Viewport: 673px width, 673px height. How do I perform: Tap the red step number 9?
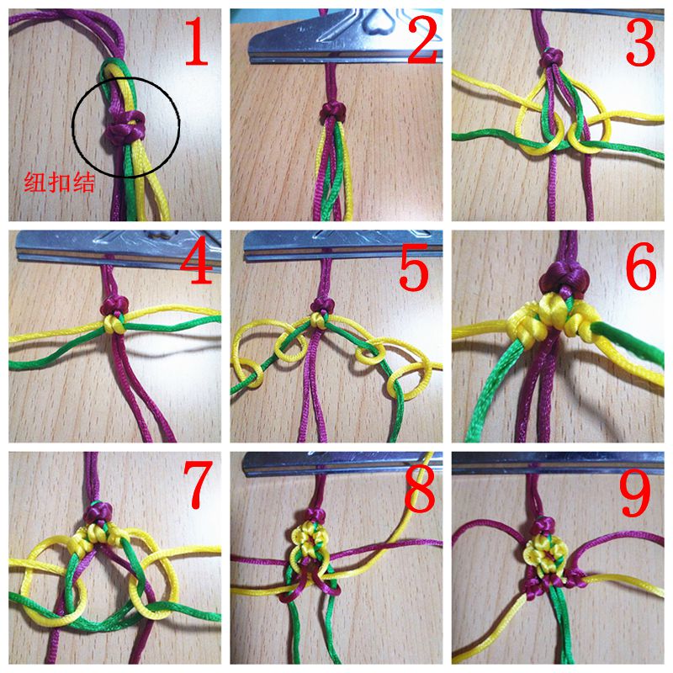(x=639, y=487)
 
